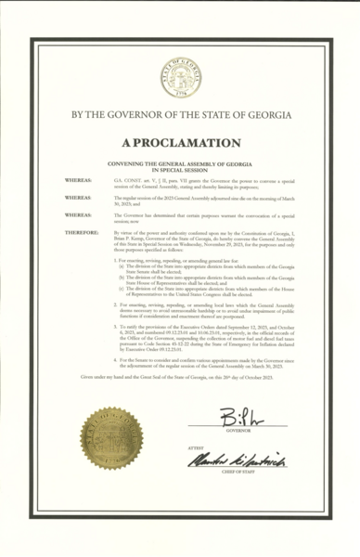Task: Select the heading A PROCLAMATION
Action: coord(180,143)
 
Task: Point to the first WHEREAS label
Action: coord(77,174)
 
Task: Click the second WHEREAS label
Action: coord(77,198)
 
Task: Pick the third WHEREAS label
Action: coord(77,214)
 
